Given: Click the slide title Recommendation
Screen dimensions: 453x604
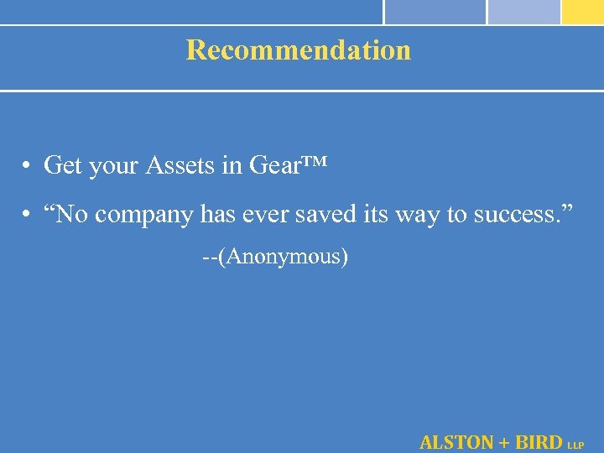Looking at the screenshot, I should pyautogui.click(x=299, y=50).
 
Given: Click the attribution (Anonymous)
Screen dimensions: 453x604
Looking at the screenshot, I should pyautogui.click(x=284, y=256).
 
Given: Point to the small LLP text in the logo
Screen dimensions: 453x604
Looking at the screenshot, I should pyautogui.click(x=575, y=445).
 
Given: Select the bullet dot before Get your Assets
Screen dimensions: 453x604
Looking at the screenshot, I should pyautogui.click(x=28, y=166).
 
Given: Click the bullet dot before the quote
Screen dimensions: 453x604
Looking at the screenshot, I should pyautogui.click(x=28, y=216).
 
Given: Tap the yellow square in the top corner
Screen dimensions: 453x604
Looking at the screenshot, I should pyautogui.click(x=582, y=12).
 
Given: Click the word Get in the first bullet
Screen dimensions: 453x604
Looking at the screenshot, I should pyautogui.click(x=62, y=165).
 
